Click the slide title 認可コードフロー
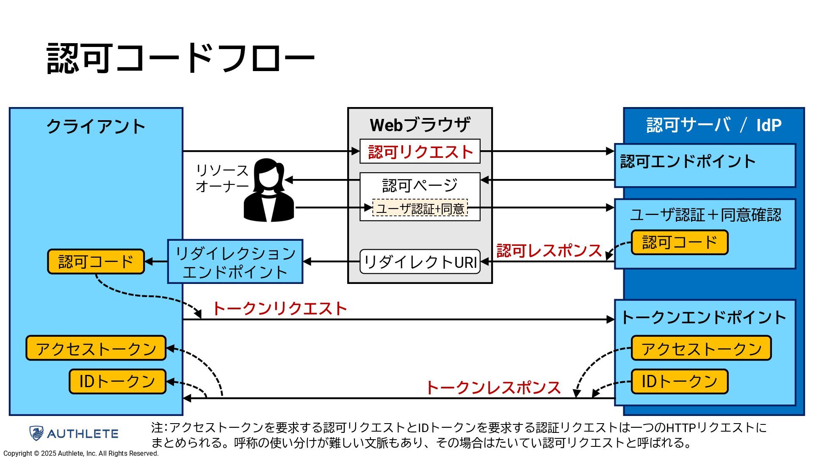180,58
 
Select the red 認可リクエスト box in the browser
420,151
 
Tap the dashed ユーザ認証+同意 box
420,208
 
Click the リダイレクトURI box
420,262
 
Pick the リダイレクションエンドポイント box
235,262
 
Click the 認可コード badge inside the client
96,262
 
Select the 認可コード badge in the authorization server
680,242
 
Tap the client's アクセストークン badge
96,348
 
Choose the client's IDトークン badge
118,382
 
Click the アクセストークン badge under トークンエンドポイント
701,348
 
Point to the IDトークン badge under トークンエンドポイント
680,382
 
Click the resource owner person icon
268,190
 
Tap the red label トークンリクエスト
280,308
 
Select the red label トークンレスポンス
493,388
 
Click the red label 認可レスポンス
549,251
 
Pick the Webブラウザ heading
420,125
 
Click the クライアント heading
96,126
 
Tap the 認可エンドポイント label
688,161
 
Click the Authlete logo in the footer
74,433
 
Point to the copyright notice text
81,454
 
